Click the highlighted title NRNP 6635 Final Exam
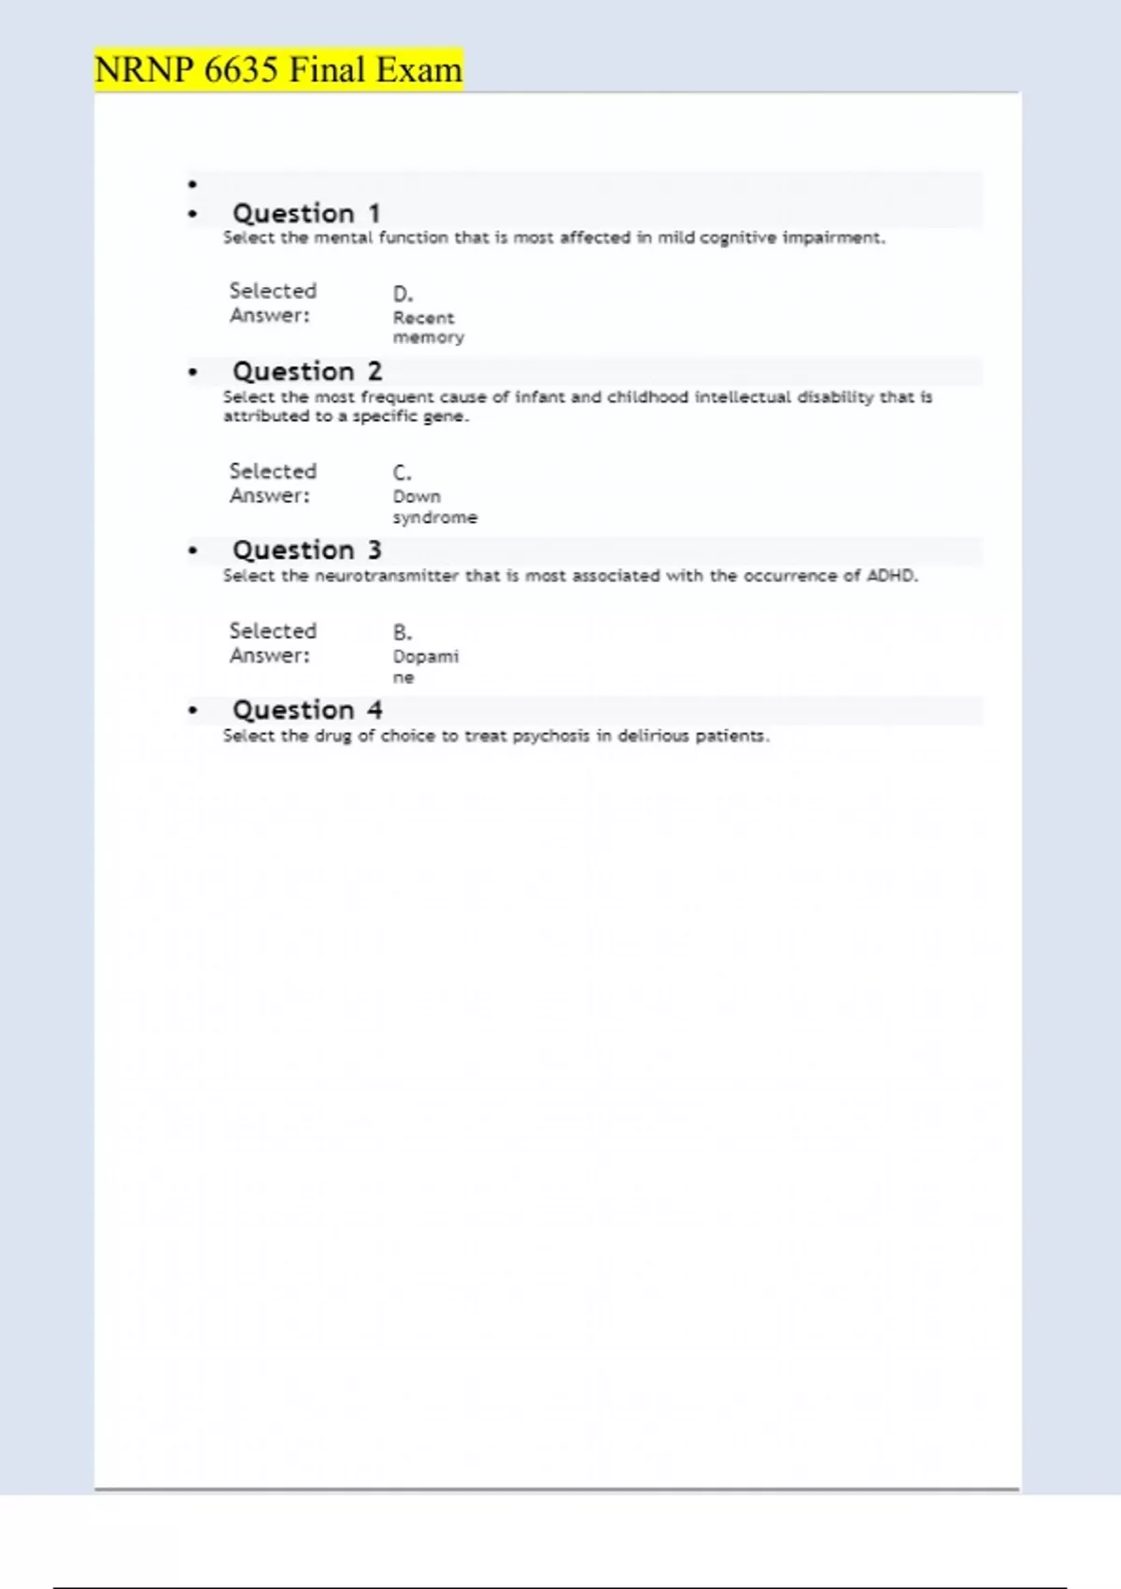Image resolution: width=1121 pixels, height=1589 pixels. (x=278, y=70)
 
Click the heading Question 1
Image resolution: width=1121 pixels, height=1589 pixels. (x=306, y=213)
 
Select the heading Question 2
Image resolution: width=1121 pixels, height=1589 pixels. (x=307, y=371)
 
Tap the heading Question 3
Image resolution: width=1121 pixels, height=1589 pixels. (x=307, y=550)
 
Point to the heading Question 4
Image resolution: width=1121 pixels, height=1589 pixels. (x=307, y=709)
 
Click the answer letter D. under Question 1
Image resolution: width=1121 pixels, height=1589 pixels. (x=403, y=293)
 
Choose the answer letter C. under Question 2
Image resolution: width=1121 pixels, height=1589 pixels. (x=402, y=473)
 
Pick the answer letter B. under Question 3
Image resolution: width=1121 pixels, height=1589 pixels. (x=402, y=633)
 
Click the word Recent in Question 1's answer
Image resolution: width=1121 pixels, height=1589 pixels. (x=423, y=318)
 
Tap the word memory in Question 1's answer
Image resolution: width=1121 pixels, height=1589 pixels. (x=428, y=337)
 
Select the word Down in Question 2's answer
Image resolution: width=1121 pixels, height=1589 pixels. (x=417, y=496)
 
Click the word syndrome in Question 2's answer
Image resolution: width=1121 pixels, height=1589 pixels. (x=434, y=517)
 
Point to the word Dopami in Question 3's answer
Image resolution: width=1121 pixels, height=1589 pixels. (x=425, y=656)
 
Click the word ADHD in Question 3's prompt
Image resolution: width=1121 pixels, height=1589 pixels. (x=890, y=576)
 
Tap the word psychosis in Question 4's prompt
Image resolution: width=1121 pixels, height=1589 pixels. (x=550, y=736)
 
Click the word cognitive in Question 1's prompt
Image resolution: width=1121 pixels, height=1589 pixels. (x=737, y=237)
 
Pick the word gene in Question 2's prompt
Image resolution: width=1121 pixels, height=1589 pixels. (x=444, y=416)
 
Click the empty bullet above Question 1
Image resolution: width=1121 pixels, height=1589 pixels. (x=192, y=184)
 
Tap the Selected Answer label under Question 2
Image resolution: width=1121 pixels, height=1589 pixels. (x=273, y=483)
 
